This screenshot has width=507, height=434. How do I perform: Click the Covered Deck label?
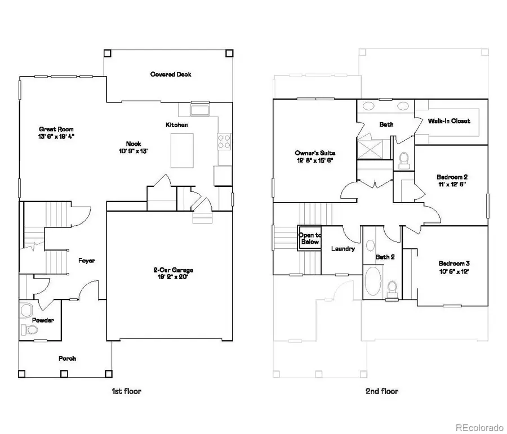point(170,74)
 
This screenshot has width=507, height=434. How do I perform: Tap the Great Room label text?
point(56,129)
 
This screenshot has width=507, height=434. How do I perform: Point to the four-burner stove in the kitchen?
point(224,141)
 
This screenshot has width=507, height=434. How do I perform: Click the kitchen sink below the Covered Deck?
point(200,109)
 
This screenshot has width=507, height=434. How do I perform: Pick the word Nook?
point(133,144)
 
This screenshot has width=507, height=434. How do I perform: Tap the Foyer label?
point(86,261)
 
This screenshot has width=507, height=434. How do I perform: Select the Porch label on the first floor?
point(67,359)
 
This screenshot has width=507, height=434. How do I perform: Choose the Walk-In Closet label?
point(449,120)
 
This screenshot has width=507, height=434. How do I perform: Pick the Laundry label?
point(343,249)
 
